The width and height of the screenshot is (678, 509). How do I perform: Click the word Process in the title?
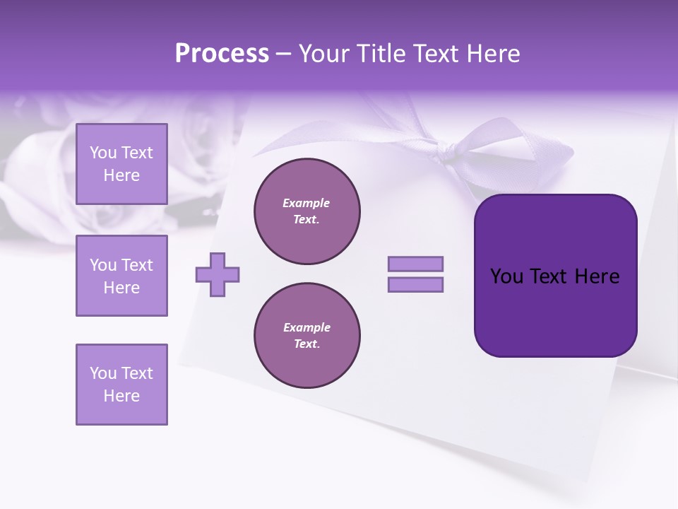[x=222, y=54]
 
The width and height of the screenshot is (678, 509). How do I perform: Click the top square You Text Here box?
[x=121, y=164]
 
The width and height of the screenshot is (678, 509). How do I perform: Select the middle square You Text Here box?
[x=121, y=276]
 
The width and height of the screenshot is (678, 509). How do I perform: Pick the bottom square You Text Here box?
[x=121, y=385]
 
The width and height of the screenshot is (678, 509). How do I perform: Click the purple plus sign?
[x=218, y=275]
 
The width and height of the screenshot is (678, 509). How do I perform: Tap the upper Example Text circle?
[x=307, y=211]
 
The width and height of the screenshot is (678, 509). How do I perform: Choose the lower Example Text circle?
[x=307, y=336]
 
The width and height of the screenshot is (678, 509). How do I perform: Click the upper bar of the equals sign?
[x=415, y=264]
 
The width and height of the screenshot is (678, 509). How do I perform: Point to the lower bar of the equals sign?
[x=415, y=285]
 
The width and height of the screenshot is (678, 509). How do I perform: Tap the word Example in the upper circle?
[x=307, y=203]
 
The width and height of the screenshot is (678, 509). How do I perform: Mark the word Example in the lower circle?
[x=307, y=327]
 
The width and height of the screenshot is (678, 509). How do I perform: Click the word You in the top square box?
[x=103, y=153]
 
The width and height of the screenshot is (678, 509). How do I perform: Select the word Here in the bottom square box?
[x=121, y=396]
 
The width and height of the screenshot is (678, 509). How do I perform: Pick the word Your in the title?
[x=323, y=54]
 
